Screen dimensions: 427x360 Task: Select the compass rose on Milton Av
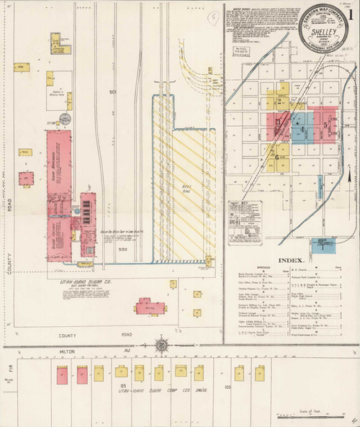coord(161,345)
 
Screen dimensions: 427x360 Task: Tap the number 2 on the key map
coord(278,102)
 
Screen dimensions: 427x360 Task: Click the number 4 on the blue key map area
coord(302,130)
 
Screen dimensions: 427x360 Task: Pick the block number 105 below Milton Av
coord(228,386)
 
